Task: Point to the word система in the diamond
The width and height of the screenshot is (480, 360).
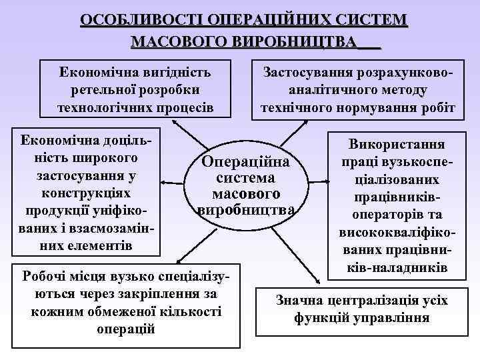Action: (246, 179)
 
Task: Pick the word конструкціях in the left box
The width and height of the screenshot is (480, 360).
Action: (85, 193)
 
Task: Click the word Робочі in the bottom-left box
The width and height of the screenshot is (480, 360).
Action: (47, 276)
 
